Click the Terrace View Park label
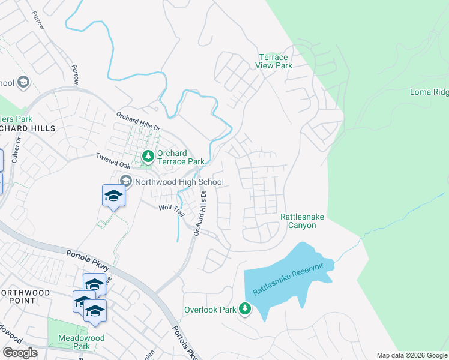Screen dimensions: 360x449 pos(272,61)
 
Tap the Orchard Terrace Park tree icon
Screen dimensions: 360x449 pos(148,157)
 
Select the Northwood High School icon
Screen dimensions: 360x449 pos(126,181)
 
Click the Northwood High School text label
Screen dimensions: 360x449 pos(179,182)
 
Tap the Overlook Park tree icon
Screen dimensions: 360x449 pos(245,309)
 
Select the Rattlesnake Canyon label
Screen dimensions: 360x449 pos(298,221)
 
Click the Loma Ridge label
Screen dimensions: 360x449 pos(429,92)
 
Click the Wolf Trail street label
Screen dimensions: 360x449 pos(171,208)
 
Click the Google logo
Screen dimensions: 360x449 pos(20,353)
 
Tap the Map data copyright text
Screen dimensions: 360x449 pos(412,355)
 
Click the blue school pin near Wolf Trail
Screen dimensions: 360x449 pos(113,196)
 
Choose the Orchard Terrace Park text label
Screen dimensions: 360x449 pos(181,157)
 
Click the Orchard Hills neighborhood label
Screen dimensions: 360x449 pos(28,128)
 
